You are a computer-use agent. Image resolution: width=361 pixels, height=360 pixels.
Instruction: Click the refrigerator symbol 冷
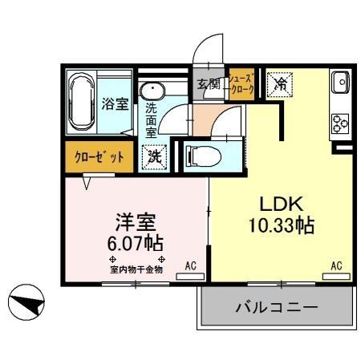(281, 84)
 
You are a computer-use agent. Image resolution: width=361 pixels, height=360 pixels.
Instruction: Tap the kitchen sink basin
(338, 81)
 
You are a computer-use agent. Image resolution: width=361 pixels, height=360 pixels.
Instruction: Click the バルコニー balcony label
(277, 307)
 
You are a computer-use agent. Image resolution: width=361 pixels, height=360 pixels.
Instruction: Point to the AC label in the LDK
(337, 265)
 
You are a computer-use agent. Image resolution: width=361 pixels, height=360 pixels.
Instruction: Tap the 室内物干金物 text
(136, 269)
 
